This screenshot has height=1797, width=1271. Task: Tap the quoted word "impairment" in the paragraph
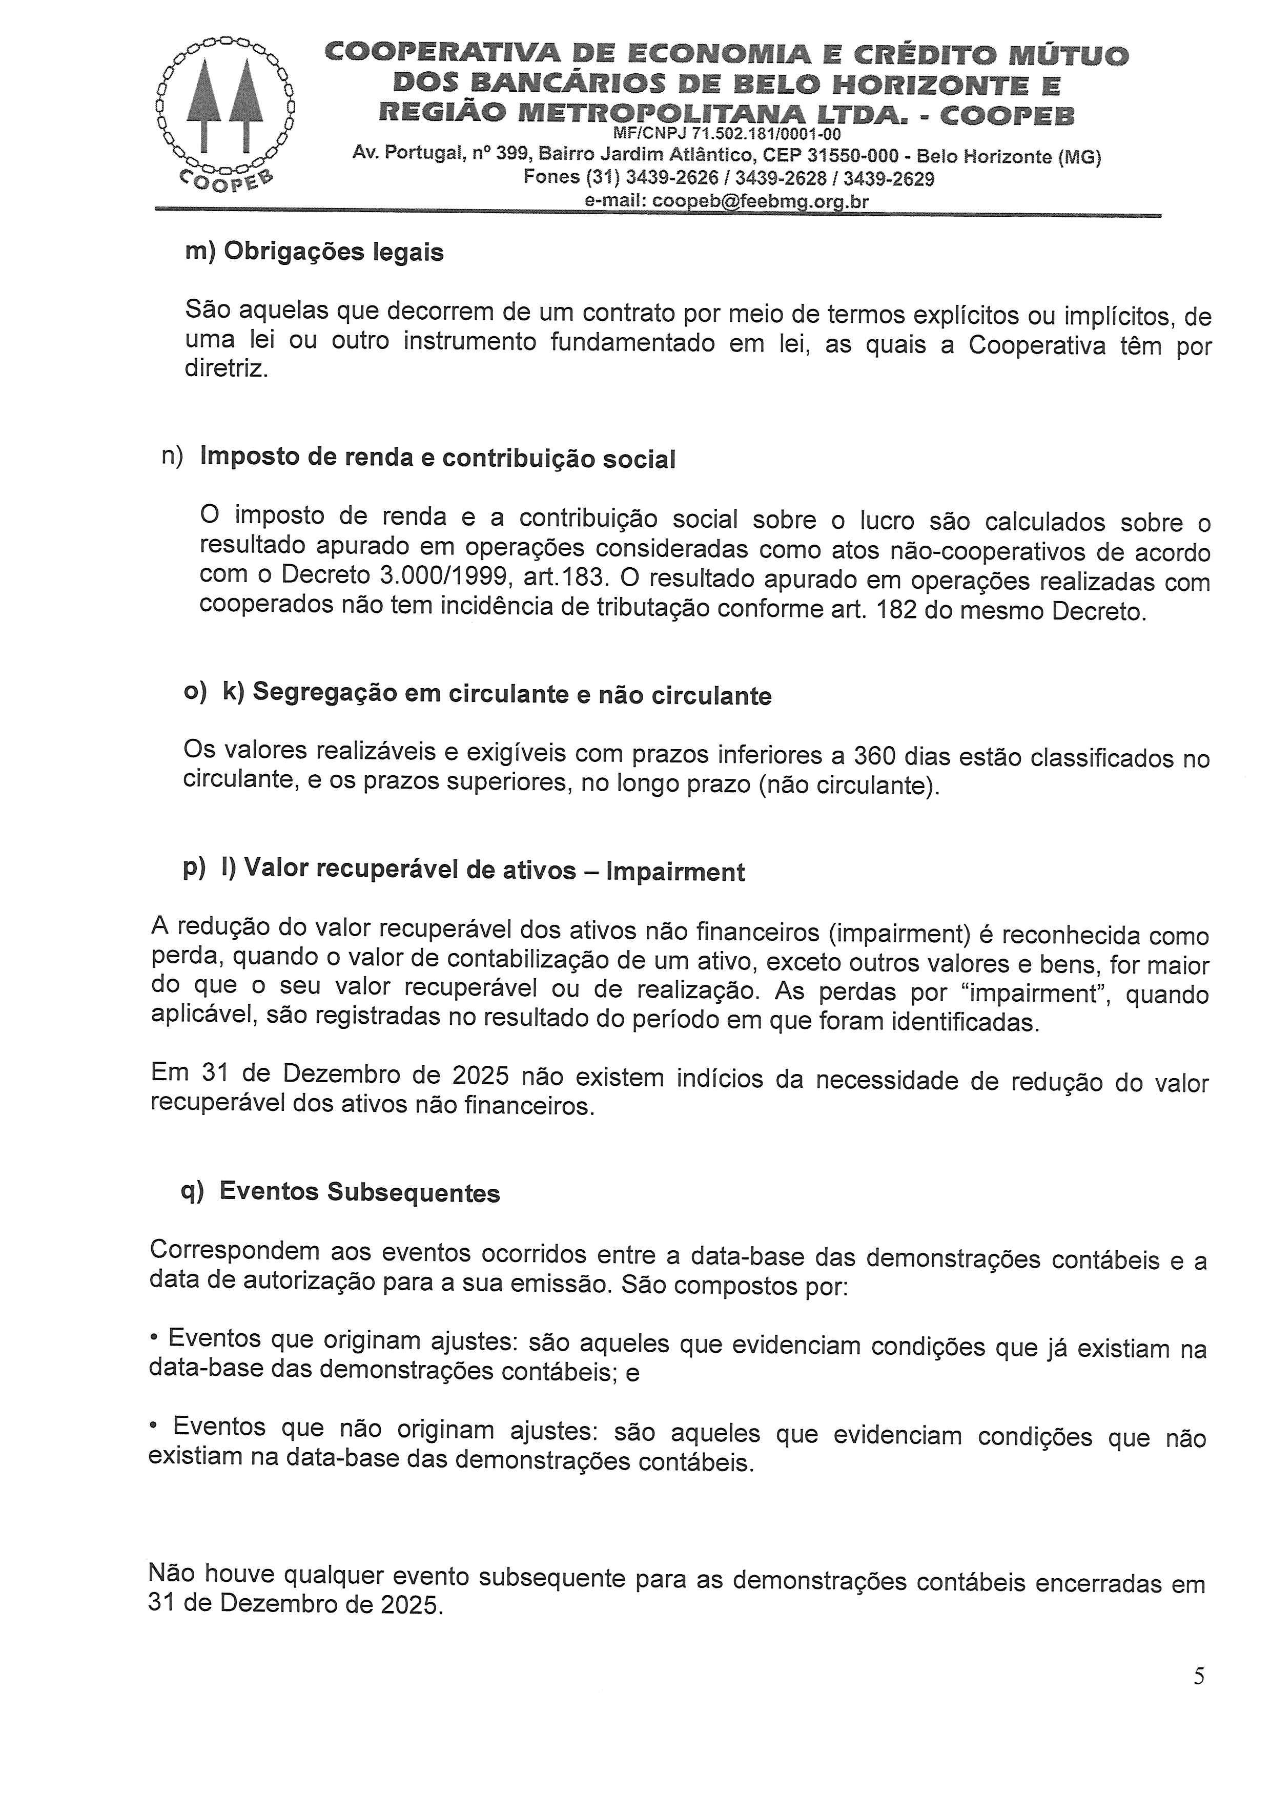[x=1029, y=993]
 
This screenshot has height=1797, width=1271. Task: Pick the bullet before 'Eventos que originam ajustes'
[x=154, y=1338]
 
